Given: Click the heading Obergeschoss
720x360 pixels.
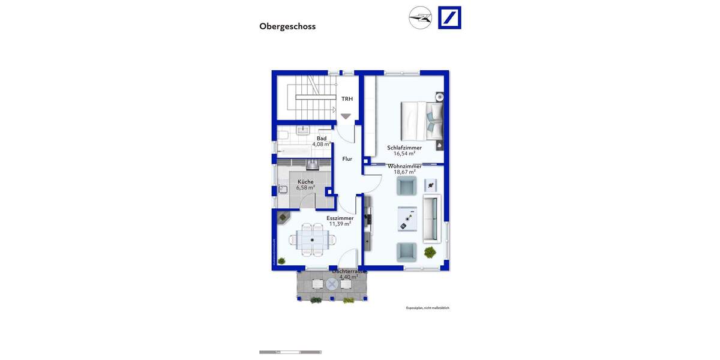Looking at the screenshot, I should coord(287,26).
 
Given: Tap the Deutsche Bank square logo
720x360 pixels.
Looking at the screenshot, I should coord(449,17).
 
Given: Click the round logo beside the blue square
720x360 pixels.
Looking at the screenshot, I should coord(420,17).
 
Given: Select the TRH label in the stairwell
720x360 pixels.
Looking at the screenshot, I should coord(347,99).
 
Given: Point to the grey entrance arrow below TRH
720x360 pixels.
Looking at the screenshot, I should coord(346,116).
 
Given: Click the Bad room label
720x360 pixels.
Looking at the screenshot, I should coord(322,139).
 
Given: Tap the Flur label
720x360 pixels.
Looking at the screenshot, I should coord(347,159).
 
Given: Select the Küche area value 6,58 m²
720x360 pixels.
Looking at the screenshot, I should coord(305,188).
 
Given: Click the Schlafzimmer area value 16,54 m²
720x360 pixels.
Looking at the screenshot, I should coord(404,154).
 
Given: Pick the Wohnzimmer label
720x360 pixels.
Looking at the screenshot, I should coord(404,166).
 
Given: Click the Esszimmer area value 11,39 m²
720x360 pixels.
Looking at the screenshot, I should coord(340,224).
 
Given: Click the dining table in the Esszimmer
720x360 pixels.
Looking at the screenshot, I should coord(311,239).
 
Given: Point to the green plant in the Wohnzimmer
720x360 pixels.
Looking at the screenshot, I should coord(430,252).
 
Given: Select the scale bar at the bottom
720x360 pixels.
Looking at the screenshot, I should coord(290,352).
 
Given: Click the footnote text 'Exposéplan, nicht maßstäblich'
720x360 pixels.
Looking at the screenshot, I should coord(427,308).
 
